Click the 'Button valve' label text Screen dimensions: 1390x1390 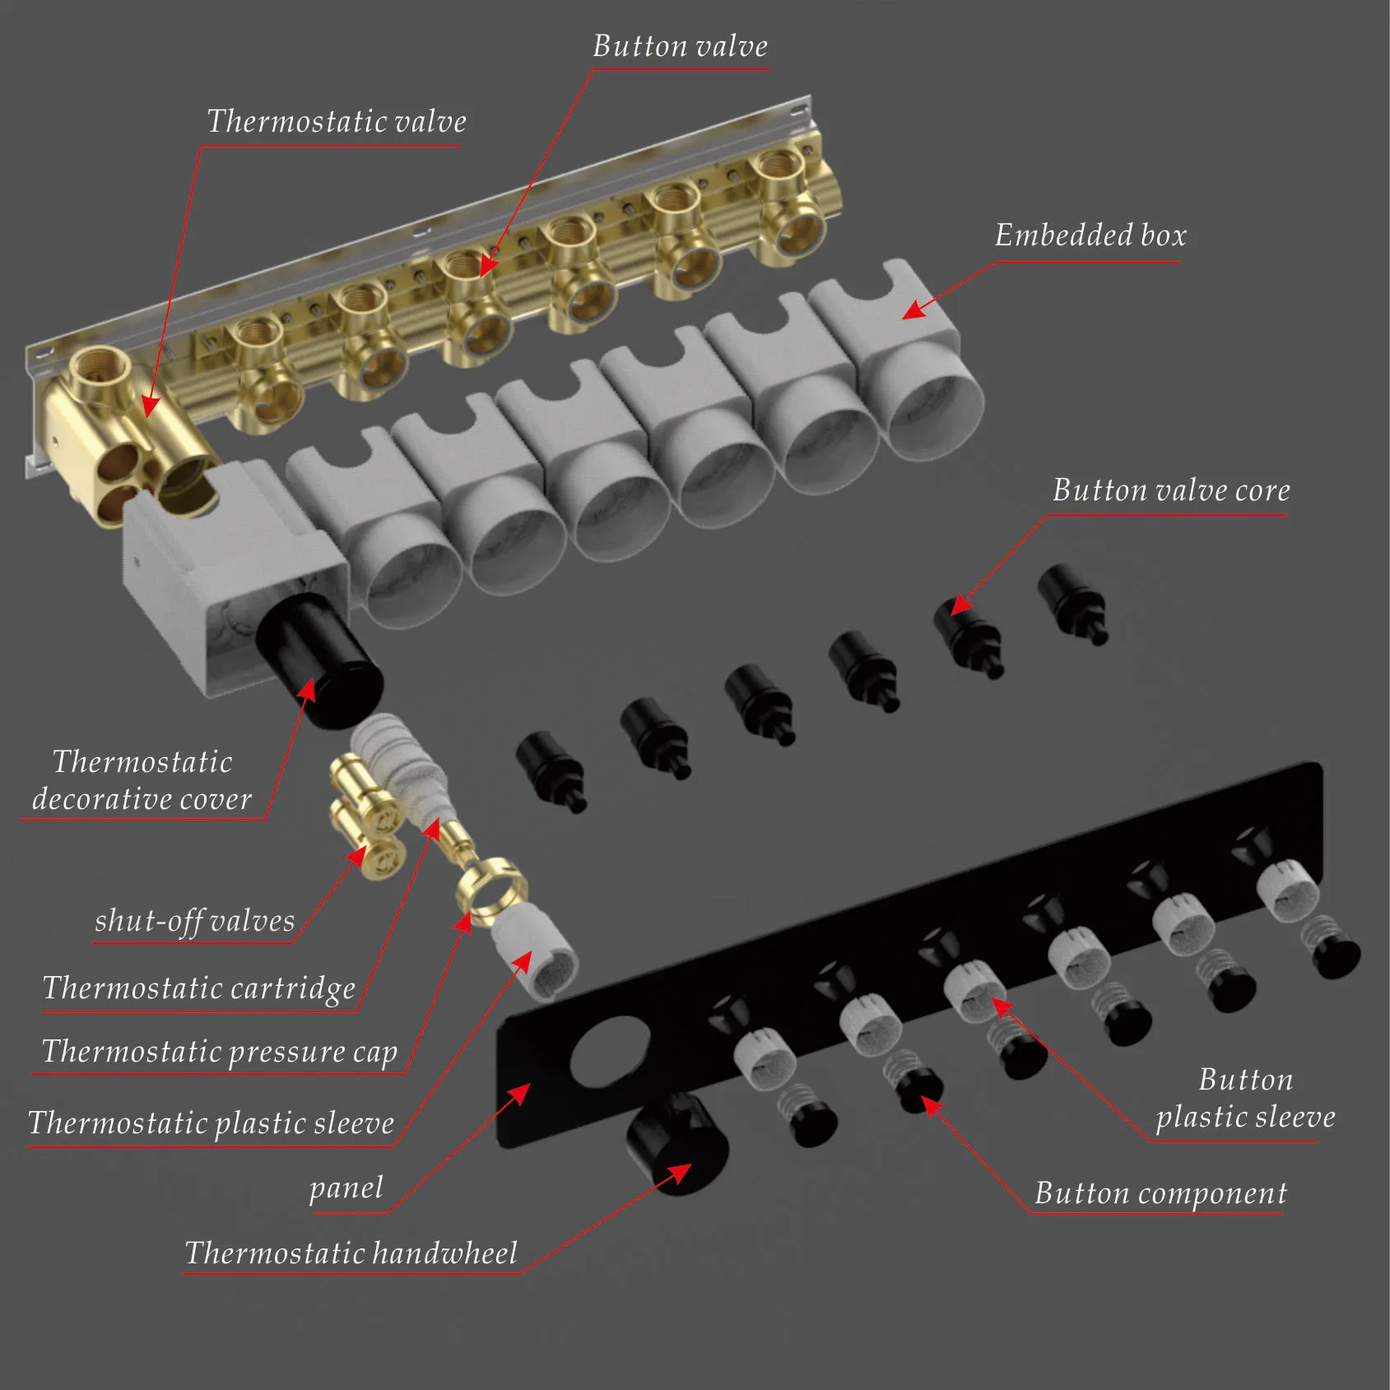680,46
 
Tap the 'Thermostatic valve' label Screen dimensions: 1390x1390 336,122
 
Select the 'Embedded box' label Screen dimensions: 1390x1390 1090,235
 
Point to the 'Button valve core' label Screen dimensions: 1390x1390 1171,490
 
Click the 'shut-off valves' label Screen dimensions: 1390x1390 194,920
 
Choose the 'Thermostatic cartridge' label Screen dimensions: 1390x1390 199,988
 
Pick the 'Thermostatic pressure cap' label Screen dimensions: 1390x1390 220,1052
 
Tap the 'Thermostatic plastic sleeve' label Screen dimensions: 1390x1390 212,1123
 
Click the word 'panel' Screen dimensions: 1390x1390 346,1187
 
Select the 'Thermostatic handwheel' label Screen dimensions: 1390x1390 351,1253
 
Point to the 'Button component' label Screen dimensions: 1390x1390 1160,1192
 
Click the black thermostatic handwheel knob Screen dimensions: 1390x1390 676,1142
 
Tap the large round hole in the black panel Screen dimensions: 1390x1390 611,1050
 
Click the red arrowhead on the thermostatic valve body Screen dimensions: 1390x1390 150,405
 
